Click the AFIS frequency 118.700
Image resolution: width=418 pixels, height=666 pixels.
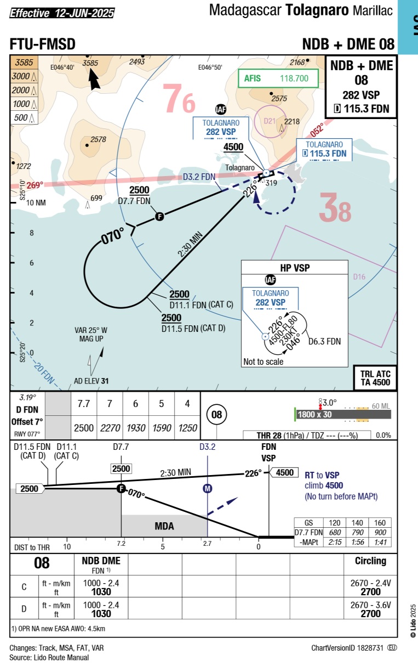294,78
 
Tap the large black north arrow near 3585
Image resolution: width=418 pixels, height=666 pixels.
94,79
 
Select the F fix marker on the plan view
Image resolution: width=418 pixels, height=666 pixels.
160,217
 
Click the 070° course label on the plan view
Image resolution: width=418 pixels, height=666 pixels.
112,236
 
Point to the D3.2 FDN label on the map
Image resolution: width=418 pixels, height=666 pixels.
199,177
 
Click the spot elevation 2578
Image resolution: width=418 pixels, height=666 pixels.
98,139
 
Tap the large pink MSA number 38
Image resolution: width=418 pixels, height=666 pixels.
335,208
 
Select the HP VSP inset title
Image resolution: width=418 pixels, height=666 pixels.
295,268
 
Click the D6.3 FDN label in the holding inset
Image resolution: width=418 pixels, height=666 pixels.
324,341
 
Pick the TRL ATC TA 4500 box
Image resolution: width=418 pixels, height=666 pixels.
375,378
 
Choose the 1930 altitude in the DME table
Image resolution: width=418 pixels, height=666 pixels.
135,428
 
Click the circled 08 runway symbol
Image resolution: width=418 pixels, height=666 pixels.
216,414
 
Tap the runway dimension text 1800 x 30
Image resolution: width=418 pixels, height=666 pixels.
314,414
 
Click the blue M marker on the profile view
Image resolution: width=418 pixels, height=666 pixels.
207,488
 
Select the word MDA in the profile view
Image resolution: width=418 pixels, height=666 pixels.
164,526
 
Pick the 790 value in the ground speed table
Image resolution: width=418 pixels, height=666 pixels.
357,532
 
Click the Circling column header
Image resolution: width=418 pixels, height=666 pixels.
370,561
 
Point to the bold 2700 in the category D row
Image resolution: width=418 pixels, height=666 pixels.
370,613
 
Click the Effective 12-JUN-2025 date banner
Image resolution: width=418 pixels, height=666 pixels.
62,13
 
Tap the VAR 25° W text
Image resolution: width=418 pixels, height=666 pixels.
91,330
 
